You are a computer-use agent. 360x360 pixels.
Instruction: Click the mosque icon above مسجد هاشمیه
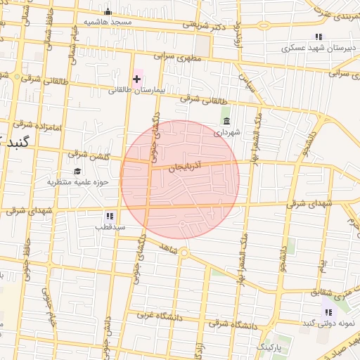click(x=108, y=12)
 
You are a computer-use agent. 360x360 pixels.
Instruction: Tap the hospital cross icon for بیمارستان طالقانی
click(x=137, y=79)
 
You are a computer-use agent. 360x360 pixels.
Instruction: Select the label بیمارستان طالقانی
click(x=135, y=91)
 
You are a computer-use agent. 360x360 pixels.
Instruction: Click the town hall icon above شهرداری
click(x=226, y=121)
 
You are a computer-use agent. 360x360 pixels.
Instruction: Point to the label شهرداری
click(x=227, y=131)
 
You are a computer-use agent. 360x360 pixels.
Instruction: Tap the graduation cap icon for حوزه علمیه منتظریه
click(x=77, y=172)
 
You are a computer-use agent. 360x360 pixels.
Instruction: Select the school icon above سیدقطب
click(x=110, y=216)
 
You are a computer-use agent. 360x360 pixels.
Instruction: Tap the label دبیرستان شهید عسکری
click(x=311, y=49)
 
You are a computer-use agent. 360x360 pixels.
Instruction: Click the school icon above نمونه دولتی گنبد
click(x=328, y=311)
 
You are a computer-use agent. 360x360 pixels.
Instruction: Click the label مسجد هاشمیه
click(x=109, y=22)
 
